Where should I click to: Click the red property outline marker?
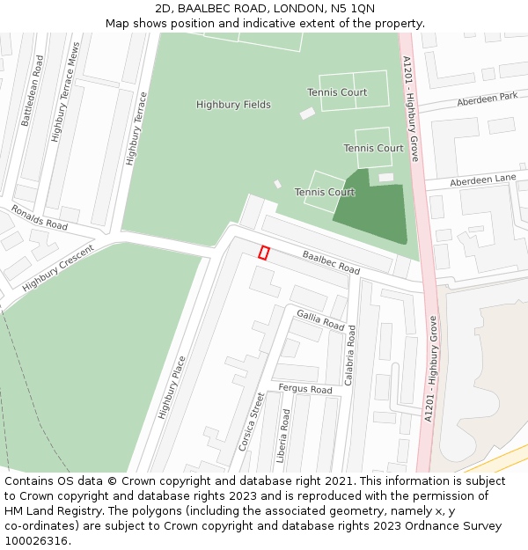tap(263, 253)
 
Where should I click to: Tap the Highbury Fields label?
tap(233, 105)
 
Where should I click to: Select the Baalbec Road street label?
tap(331, 262)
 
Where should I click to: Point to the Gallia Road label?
tap(320, 319)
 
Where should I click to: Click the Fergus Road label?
tap(305, 389)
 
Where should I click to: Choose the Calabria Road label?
tap(351, 356)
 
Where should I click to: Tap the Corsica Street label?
tap(251, 422)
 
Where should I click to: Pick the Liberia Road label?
tap(284, 436)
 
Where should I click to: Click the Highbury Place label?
tap(172, 387)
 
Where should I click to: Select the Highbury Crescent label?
tap(58, 268)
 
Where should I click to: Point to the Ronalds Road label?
tap(39, 218)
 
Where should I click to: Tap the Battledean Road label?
tap(32, 91)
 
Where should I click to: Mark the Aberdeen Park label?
tap(487, 99)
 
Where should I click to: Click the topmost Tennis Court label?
tap(337, 92)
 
